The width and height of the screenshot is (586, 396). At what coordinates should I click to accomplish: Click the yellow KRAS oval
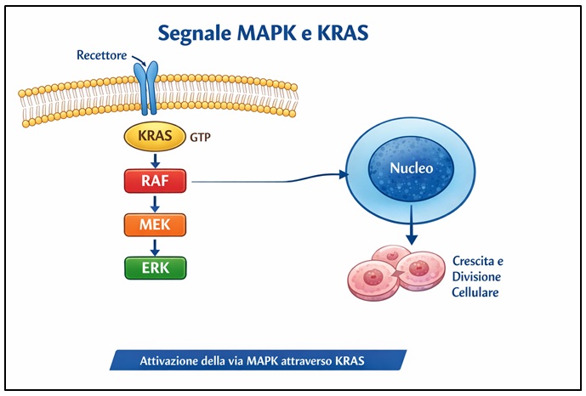pos(154,136)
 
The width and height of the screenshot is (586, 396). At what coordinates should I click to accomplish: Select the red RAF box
pos(155,180)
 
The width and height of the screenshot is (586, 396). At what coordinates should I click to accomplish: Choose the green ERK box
pos(155,268)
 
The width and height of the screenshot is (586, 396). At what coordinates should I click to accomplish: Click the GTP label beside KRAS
pos(202,136)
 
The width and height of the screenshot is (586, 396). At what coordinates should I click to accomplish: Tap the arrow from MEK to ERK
pos(155,246)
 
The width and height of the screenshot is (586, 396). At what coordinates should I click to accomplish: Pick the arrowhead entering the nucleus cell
pos(344,175)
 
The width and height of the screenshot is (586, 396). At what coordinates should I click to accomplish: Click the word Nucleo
pos(411,168)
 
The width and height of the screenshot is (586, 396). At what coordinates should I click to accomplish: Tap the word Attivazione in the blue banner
pos(170,360)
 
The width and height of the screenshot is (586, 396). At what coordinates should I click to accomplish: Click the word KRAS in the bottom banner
pos(348,360)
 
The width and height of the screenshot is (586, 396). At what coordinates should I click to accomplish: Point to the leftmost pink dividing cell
pos(372,279)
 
